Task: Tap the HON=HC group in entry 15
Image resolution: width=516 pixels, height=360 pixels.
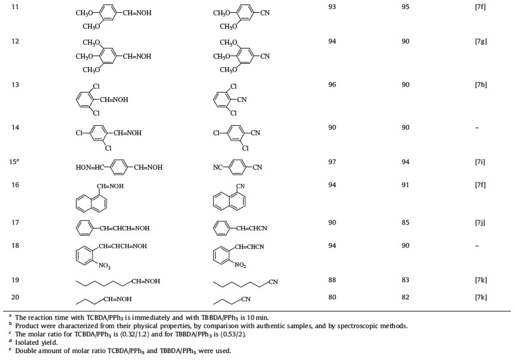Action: click(90, 167)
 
